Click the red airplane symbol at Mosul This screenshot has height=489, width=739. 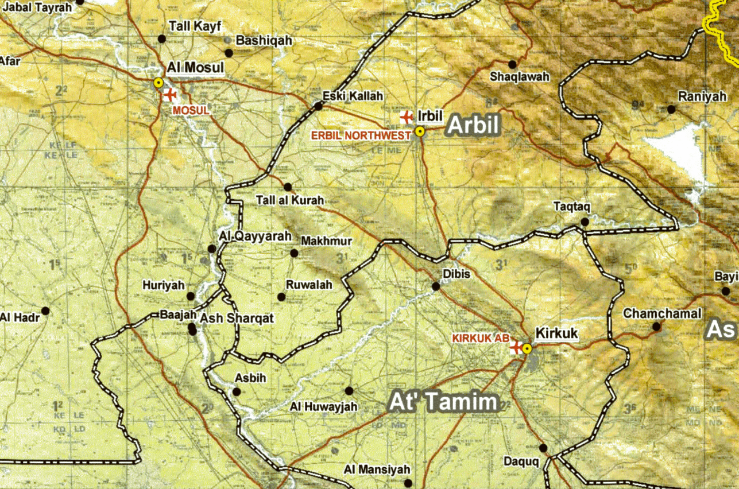click(x=170, y=94)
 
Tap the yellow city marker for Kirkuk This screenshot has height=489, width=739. click(x=527, y=348)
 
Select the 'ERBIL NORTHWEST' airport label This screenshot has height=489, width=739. click(x=361, y=135)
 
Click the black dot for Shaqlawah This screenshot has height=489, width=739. click(x=512, y=64)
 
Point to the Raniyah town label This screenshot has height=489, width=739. click(x=702, y=96)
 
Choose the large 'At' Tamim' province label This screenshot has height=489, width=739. click(x=443, y=402)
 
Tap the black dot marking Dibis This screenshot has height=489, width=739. click(x=436, y=286)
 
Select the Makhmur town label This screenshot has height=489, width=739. click(x=326, y=241)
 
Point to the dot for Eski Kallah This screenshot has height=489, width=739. click(x=319, y=106)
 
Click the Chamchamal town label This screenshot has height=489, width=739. click(x=662, y=314)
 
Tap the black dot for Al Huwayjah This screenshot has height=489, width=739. click(x=349, y=390)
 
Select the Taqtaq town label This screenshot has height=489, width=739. click(x=571, y=206)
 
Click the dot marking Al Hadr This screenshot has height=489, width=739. click(x=45, y=311)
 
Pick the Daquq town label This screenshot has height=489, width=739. click(x=521, y=461)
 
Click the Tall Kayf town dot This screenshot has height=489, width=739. click(x=162, y=38)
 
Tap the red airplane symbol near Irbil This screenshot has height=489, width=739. click(x=407, y=117)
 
